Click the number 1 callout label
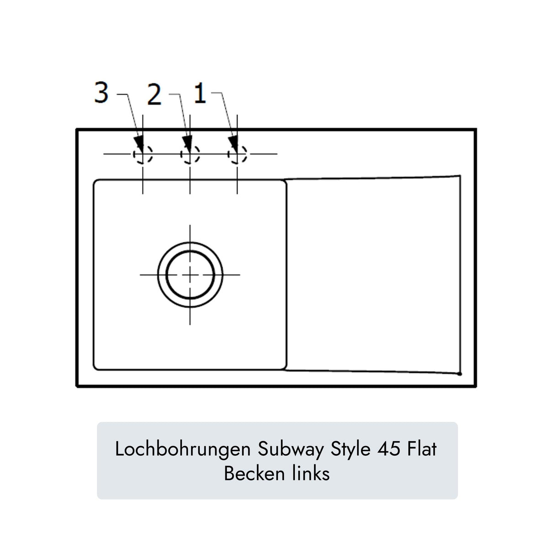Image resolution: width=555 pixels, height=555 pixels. pos(200,94)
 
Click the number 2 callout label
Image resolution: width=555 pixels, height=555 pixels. pos(154,95)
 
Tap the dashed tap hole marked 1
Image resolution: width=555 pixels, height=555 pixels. pos(237,154)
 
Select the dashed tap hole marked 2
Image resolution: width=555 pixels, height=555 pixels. pos(190,154)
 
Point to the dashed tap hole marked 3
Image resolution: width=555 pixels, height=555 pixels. pos(143,154)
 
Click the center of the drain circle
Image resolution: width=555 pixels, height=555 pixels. pos(190,274)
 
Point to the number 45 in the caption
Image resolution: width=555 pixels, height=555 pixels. pos(389,449)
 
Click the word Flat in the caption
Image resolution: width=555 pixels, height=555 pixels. pos(422,449)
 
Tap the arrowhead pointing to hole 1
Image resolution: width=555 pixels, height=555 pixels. pos(233,143)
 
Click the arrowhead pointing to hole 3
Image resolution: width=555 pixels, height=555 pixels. pos(139,143)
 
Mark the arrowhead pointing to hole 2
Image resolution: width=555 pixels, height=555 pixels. pos(187,143)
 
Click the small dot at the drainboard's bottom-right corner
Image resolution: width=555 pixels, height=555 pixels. pos(459,374)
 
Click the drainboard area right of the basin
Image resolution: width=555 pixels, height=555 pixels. pos(373,274)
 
